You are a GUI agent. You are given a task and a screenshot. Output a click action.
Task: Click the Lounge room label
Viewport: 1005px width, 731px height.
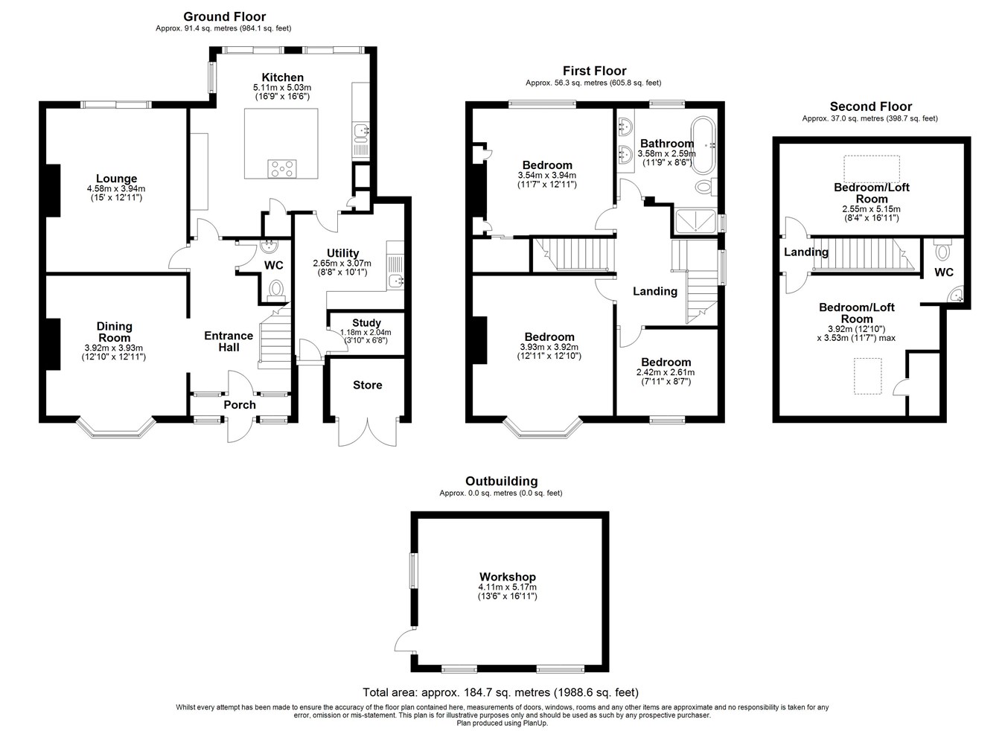pyautogui.click(x=116, y=179)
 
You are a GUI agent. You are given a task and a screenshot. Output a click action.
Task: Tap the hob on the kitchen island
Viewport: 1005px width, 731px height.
pyautogui.click(x=281, y=169)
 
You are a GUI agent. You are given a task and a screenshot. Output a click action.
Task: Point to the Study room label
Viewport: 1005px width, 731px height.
pyautogui.click(x=366, y=322)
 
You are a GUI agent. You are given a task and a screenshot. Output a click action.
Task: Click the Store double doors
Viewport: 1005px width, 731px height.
pyautogui.click(x=368, y=432)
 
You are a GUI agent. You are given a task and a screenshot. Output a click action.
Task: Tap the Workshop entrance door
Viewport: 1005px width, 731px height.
pyautogui.click(x=406, y=640)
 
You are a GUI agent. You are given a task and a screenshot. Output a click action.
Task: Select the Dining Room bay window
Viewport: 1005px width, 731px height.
pyautogui.click(x=115, y=429)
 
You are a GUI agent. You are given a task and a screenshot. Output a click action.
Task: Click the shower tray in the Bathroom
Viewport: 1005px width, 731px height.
pyautogui.click(x=695, y=221)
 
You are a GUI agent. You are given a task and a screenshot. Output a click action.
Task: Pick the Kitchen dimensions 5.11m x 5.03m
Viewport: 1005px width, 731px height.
pyautogui.click(x=282, y=88)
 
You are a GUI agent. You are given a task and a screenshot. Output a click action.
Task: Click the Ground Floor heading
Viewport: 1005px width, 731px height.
pyautogui.click(x=224, y=16)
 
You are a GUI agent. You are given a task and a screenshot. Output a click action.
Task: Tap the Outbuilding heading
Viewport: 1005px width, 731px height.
pyautogui.click(x=501, y=481)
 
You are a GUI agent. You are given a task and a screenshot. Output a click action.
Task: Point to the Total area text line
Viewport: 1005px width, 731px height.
pyautogui.click(x=500, y=692)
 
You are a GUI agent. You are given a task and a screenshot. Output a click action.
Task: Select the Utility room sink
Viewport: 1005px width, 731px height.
pyautogui.click(x=396, y=281)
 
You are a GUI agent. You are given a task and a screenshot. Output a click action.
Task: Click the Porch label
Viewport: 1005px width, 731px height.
pyautogui.click(x=240, y=405)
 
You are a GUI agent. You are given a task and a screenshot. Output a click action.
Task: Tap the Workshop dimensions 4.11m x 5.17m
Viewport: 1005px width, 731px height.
pyautogui.click(x=508, y=587)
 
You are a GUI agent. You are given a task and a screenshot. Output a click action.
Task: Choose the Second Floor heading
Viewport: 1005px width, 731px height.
pyautogui.click(x=870, y=106)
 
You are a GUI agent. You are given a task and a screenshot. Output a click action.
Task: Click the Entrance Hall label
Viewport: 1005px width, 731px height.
pyautogui.click(x=229, y=342)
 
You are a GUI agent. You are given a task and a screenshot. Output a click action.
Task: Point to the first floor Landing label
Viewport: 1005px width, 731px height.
pyautogui.click(x=655, y=292)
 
